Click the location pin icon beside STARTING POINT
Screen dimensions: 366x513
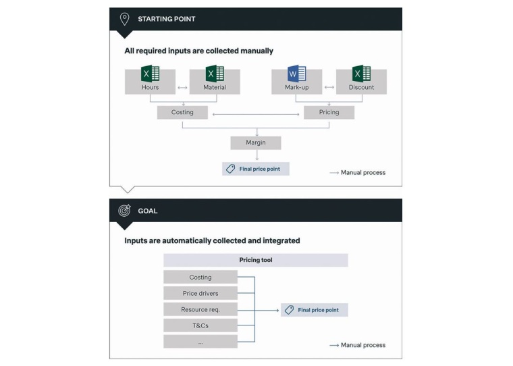click(124, 19)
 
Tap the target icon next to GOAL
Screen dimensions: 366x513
click(124, 211)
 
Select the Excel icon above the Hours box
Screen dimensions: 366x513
click(150, 73)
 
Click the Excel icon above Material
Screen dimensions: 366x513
click(215, 73)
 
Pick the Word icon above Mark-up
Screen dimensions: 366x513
click(296, 73)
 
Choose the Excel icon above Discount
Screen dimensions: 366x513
click(361, 73)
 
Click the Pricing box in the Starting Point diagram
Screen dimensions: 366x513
click(329, 112)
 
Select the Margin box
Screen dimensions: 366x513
click(255, 142)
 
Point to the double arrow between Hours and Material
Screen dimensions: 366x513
click(182, 87)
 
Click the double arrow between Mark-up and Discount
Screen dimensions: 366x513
click(329, 87)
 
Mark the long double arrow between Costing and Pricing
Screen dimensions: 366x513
click(255, 114)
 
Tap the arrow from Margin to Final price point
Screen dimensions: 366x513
click(255, 156)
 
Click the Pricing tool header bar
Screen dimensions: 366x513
click(255, 260)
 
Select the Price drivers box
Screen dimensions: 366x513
click(200, 294)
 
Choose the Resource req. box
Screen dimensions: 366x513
click(200, 309)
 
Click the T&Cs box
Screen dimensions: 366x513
click(200, 325)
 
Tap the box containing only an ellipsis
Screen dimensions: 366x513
click(200, 342)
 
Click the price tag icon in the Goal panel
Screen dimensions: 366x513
click(289, 310)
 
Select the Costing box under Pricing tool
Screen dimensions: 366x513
click(200, 277)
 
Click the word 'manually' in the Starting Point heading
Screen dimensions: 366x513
click(255, 51)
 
